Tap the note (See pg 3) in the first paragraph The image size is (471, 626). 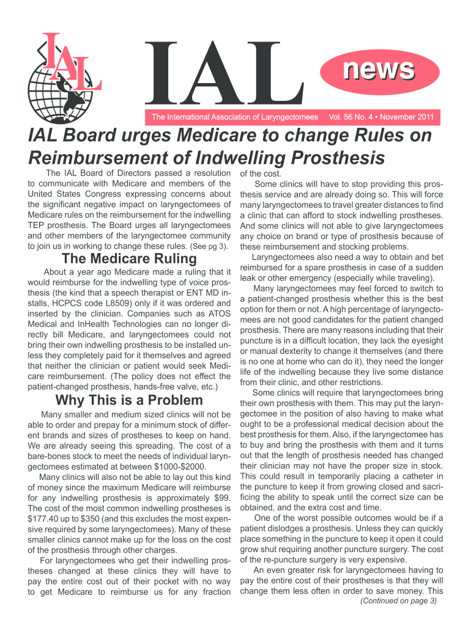click(x=209, y=247)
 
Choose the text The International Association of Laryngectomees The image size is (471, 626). click(x=234, y=117)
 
